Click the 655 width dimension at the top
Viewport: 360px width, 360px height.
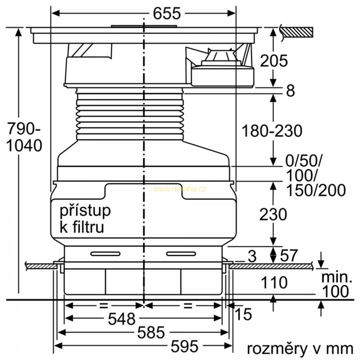tap(167, 13)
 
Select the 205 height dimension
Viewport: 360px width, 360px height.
tap(274, 61)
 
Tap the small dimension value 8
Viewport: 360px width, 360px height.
tap(290, 90)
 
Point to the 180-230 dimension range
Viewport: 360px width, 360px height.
tap(272, 131)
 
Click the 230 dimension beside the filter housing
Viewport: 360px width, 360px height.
tap(273, 214)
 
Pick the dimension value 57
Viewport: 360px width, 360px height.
tap(289, 255)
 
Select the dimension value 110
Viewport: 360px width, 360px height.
tap(274, 282)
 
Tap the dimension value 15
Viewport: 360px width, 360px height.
tap(243, 314)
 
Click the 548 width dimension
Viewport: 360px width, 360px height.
tap(122, 319)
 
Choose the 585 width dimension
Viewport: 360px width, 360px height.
tap(151, 332)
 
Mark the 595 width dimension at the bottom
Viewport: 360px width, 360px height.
tap(185, 346)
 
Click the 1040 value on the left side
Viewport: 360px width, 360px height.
tap(24, 145)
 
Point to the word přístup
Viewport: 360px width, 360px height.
tap(85, 211)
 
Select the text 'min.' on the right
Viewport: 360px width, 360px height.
tap(336, 277)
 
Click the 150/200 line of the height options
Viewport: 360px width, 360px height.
tap(316, 191)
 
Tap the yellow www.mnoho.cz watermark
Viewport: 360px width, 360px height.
tap(180, 189)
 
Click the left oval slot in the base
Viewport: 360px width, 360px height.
tap(106, 254)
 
